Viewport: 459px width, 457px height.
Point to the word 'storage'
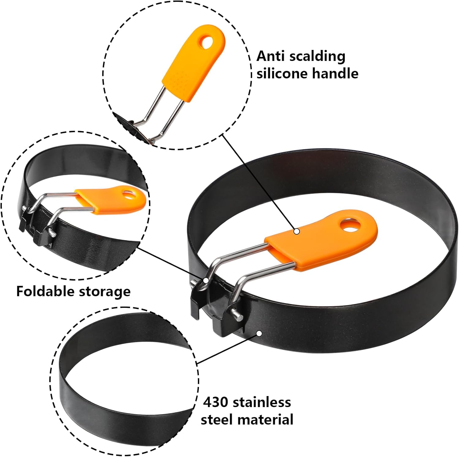coord(105,292)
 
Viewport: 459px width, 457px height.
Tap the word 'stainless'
coord(266,402)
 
